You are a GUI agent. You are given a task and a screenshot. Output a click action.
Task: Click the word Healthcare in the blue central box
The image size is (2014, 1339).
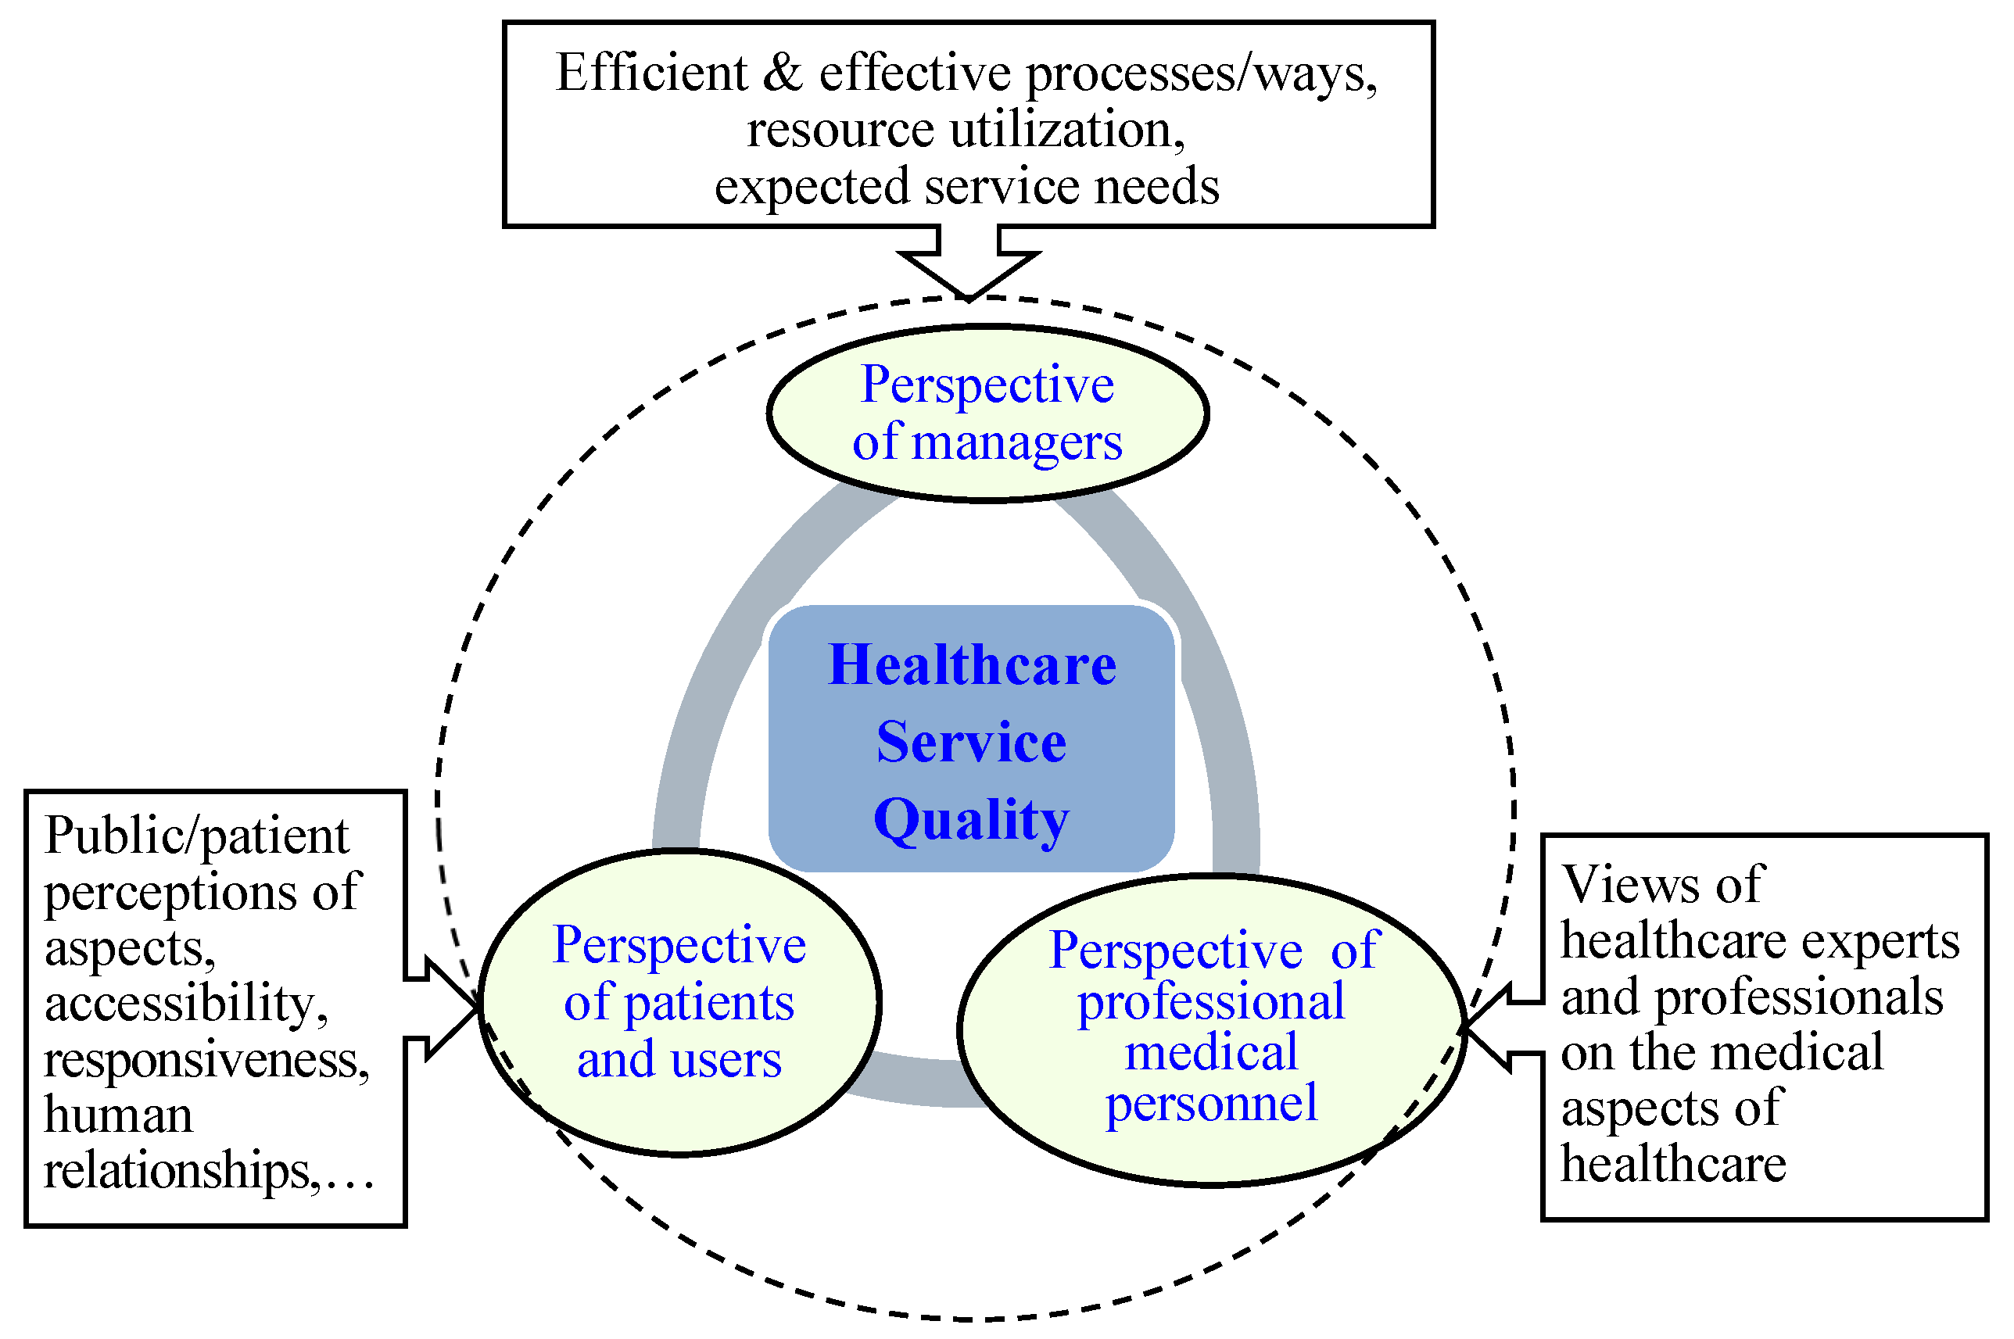[972, 665]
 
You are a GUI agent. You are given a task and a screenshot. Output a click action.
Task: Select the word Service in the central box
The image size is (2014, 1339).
[971, 742]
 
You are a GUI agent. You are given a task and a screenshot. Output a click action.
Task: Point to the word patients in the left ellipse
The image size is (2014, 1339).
[709, 1003]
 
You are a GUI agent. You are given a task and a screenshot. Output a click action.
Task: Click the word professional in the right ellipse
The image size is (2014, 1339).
[1211, 1001]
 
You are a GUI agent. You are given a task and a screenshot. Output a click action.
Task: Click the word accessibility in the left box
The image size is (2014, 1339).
[185, 1003]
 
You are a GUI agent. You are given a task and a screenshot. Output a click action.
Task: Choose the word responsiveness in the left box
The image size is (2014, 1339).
[206, 1059]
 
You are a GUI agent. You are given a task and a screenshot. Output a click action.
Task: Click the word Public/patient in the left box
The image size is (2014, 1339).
[196, 835]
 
